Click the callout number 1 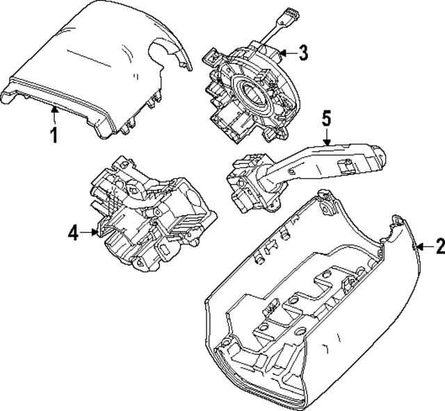pyautogui.click(x=54, y=134)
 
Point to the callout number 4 pyautogui.click(x=74, y=233)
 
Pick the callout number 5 pyautogui.click(x=325, y=119)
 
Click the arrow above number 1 pyautogui.click(x=54, y=111)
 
